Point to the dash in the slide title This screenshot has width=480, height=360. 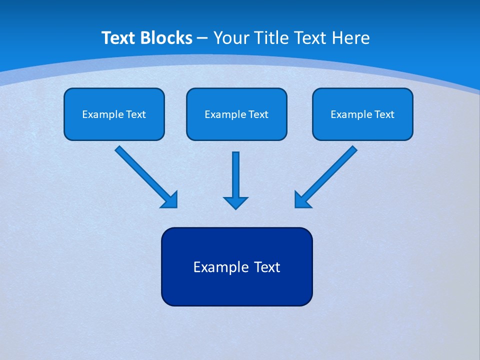(x=203, y=38)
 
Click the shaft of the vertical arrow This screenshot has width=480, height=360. (x=236, y=172)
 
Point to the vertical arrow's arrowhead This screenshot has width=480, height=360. (x=236, y=202)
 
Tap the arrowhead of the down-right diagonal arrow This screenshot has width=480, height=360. (x=170, y=200)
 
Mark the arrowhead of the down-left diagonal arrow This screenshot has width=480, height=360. (x=302, y=200)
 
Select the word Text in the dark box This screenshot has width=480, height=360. (x=267, y=267)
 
